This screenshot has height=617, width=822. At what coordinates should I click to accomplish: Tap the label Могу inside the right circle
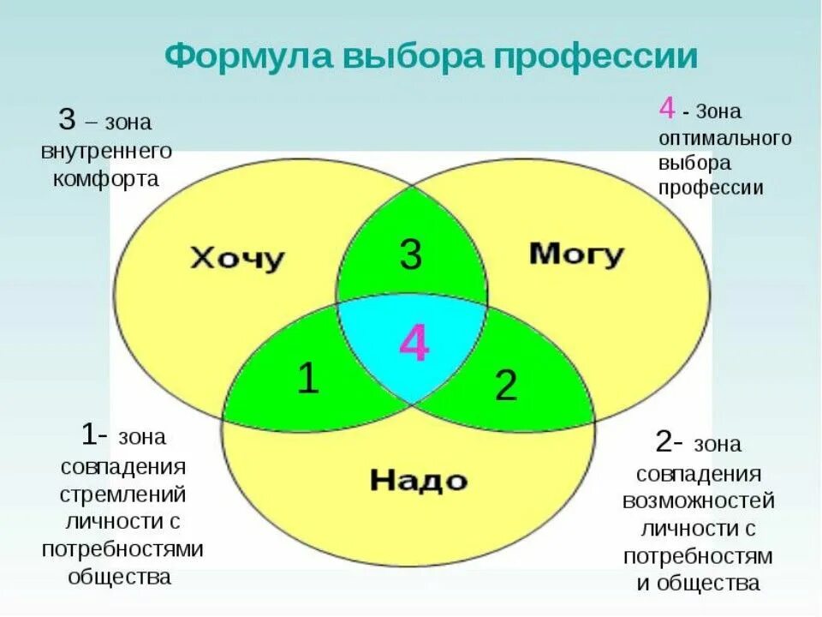576,255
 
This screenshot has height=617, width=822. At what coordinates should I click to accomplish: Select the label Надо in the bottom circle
419,480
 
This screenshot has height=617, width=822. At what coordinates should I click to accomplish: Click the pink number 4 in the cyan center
414,345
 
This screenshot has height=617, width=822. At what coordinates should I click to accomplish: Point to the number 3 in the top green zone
411,255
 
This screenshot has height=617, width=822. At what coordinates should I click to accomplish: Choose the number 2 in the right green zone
506,386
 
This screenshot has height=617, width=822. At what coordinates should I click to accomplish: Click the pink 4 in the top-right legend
667,109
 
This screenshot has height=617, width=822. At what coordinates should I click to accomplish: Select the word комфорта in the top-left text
106,180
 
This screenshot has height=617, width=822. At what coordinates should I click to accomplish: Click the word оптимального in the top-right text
724,138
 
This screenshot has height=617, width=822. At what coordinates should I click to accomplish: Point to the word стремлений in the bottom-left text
123,494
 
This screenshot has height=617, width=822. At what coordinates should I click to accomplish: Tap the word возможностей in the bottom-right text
698,501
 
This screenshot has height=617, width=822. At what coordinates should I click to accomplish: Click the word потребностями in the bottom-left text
122,548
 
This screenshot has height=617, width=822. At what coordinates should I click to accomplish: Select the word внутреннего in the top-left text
106,150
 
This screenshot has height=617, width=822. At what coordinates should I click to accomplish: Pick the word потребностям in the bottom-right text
698,556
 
